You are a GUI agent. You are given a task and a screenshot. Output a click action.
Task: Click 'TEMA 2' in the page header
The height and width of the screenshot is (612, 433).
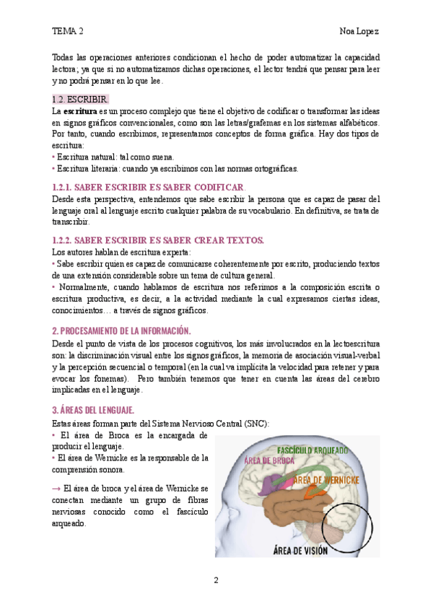coord(68,31)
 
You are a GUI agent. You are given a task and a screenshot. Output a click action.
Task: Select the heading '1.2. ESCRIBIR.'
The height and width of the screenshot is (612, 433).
coord(81,99)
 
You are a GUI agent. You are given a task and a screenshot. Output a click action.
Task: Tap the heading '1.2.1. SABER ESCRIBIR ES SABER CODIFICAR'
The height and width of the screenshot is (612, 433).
coord(149,186)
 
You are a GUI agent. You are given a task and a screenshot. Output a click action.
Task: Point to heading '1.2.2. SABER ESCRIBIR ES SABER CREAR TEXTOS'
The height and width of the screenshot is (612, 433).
coord(159,240)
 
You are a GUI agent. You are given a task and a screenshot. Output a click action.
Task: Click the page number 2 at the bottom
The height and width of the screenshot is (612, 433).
coord(216,581)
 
